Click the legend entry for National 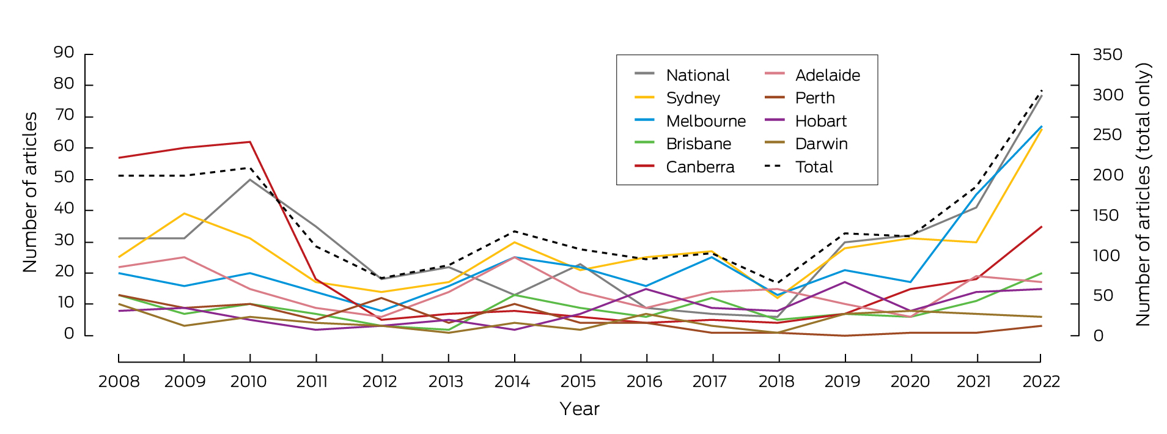(698, 75)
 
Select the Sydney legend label (693, 98)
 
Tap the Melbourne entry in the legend (705, 121)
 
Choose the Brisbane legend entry (698, 144)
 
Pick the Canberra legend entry (700, 167)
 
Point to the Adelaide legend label (827, 75)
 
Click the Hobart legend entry (820, 121)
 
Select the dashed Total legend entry (814, 167)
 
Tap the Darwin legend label (821, 144)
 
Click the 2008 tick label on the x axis (119, 382)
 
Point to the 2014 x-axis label (512, 382)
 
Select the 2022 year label (1041, 382)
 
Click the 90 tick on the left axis (64, 53)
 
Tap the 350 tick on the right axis (1108, 55)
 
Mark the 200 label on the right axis (1108, 175)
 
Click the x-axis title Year (580, 409)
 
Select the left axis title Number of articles (30, 192)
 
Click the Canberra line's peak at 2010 (250, 142)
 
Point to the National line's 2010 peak (250, 179)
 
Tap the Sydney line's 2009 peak (185, 213)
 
